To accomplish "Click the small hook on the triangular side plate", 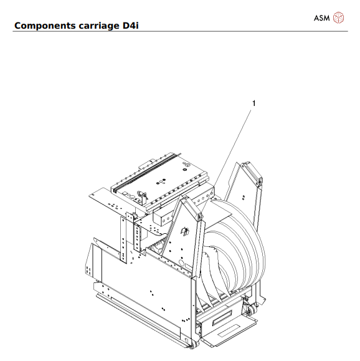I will pyautogui.click(x=184, y=231).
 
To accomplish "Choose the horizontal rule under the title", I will pyautogui.click(x=180, y=32).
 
